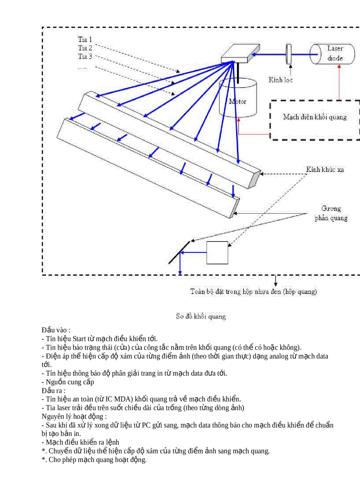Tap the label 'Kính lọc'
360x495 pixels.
(281, 80)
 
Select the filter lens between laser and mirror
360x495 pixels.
(289, 54)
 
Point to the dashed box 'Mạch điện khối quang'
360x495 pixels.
(315, 117)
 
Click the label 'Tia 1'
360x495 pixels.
(85, 39)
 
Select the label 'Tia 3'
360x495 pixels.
(85, 56)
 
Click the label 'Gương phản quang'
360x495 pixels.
(331, 213)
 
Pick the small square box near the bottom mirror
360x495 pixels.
(217, 253)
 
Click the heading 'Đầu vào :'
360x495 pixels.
(56, 330)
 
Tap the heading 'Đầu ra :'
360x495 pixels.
(54, 391)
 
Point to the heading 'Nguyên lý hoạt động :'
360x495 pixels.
(74, 416)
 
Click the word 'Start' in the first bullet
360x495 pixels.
(79, 339)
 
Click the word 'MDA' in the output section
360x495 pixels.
(124, 399)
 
